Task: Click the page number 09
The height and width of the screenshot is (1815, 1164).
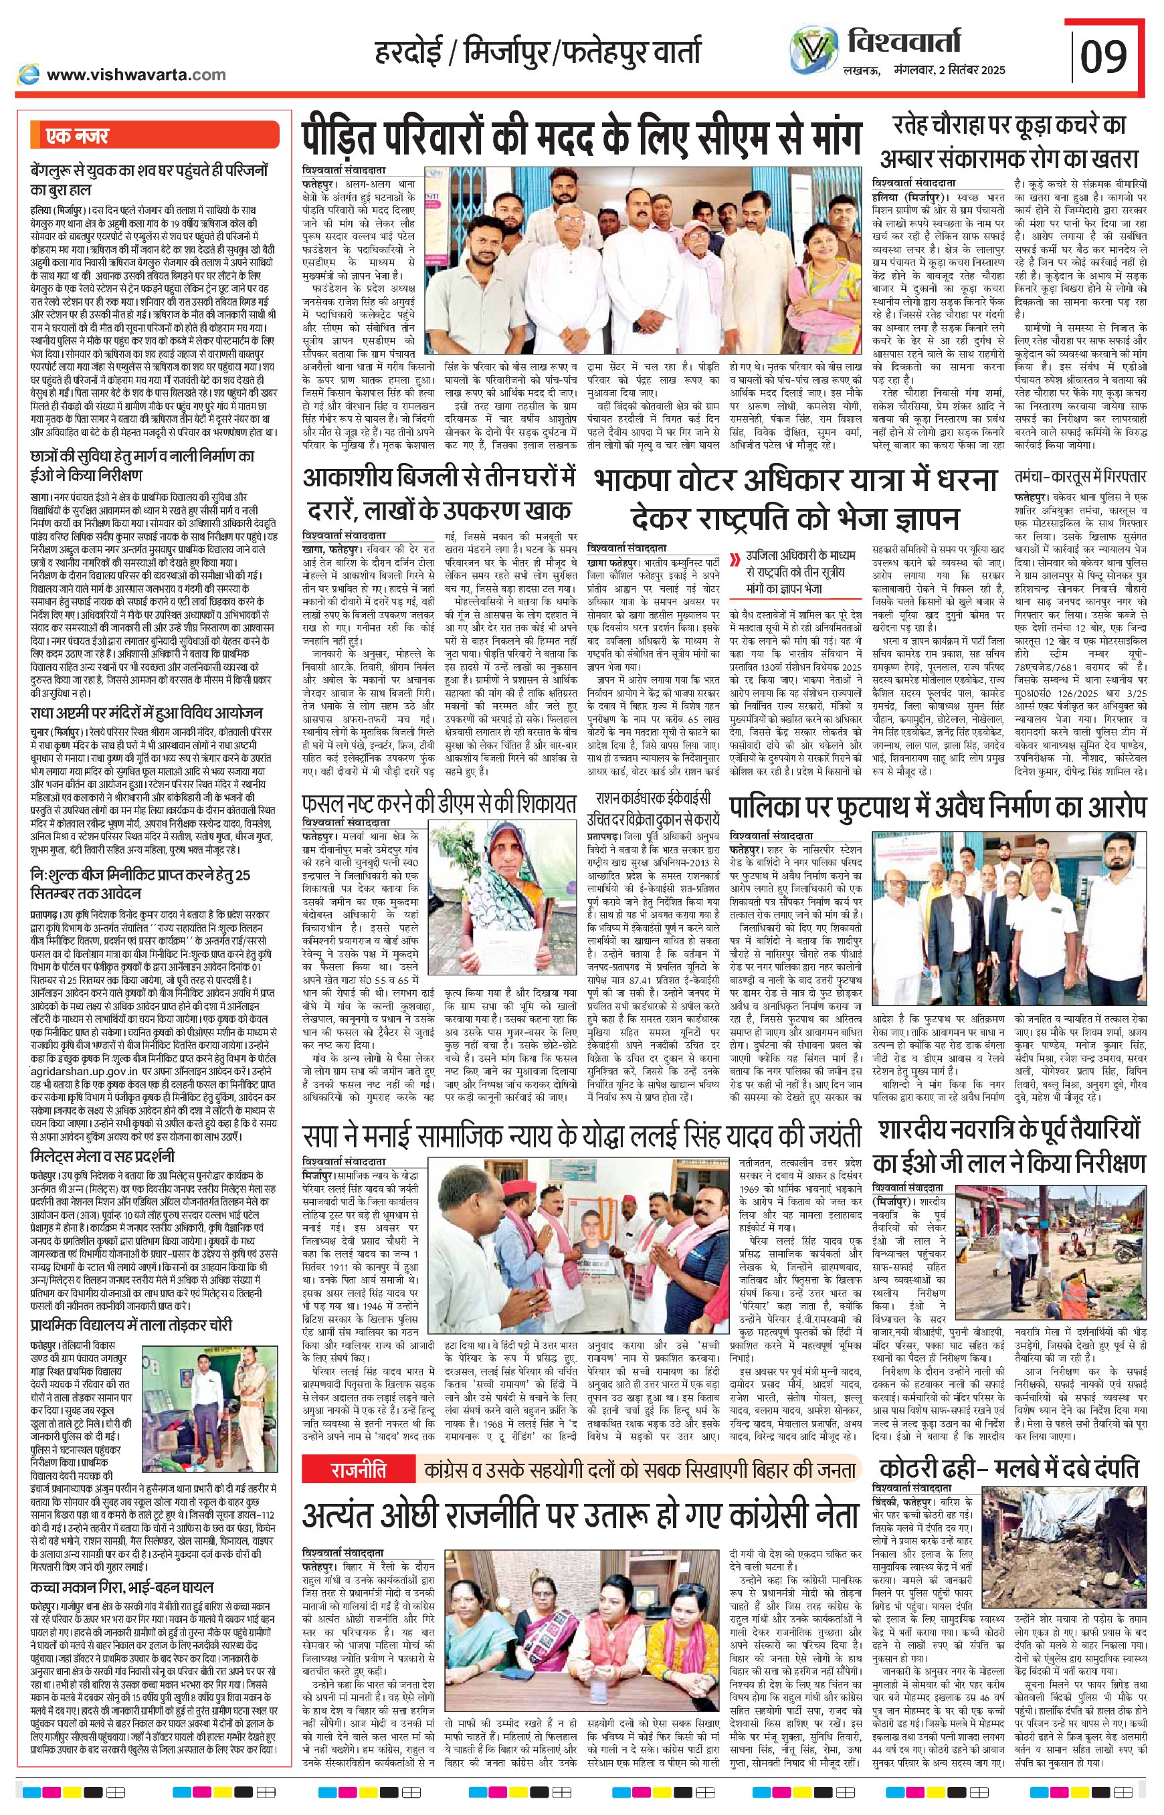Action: (1104, 56)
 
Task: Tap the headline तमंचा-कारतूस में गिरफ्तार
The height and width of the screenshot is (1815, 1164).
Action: (1082, 477)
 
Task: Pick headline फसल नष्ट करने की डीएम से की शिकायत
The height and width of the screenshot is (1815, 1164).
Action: (438, 803)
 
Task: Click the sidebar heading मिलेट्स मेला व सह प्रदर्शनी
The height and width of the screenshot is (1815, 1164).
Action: (104, 1156)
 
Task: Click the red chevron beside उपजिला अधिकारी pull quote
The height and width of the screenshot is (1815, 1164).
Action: (735, 560)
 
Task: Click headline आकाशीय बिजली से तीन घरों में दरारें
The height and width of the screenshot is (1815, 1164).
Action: (438, 495)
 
